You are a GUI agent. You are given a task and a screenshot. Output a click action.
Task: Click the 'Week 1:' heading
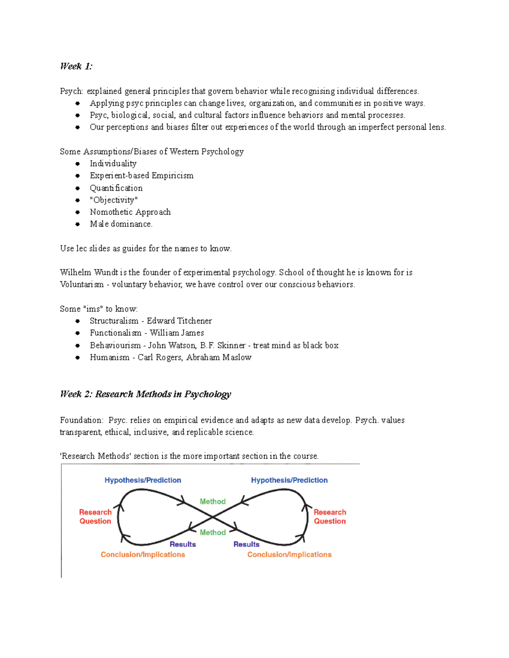click(x=76, y=66)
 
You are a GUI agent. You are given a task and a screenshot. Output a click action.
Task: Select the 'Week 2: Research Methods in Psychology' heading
click(x=145, y=394)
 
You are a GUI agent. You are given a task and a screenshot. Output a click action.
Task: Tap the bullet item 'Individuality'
click(x=113, y=164)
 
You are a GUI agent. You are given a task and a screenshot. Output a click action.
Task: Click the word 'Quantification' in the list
click(x=116, y=188)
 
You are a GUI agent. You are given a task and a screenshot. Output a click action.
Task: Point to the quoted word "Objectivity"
click(x=114, y=200)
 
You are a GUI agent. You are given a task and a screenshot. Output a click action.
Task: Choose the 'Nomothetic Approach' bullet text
click(x=130, y=212)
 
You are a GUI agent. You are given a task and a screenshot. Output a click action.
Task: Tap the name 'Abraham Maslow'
click(x=218, y=357)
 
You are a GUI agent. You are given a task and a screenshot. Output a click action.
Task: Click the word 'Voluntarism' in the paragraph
click(x=81, y=284)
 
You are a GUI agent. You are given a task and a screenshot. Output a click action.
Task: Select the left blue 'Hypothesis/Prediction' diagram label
click(x=143, y=480)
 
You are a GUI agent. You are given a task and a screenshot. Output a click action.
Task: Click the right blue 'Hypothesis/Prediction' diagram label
click(x=289, y=480)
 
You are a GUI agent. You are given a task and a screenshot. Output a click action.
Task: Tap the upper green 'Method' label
click(x=213, y=501)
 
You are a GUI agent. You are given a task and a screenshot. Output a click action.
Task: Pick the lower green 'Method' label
click(x=213, y=532)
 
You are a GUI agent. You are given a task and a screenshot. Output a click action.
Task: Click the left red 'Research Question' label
click(x=95, y=516)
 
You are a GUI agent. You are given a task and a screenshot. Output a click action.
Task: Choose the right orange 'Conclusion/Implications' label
click(x=289, y=554)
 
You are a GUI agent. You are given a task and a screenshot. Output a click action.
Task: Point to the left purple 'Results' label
click(x=182, y=544)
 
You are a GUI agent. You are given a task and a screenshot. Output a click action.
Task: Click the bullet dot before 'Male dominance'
click(x=78, y=224)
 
